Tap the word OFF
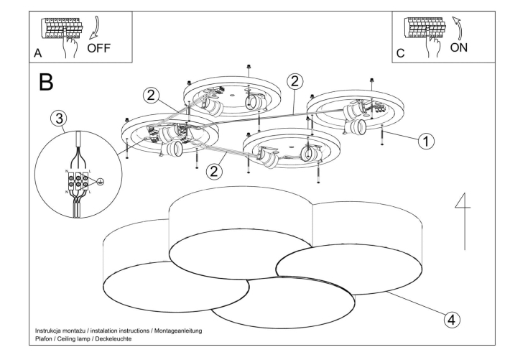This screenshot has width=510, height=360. [x=101, y=50]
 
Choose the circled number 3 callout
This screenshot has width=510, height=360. [x=60, y=119]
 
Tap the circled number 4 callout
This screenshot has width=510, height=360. [x=451, y=318]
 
